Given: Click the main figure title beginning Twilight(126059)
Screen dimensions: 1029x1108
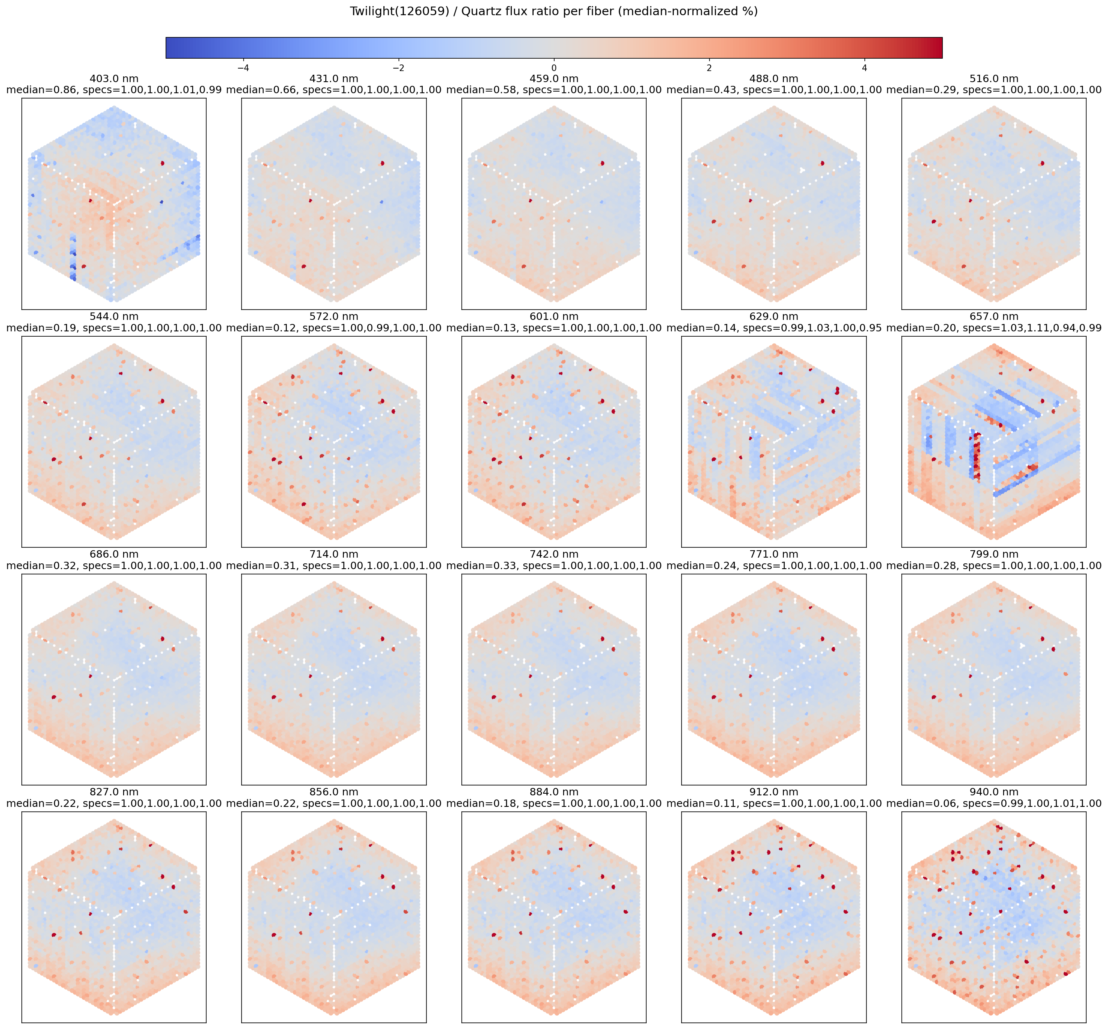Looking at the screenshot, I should (554, 11).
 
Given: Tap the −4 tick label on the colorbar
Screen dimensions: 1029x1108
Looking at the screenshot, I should (243, 68).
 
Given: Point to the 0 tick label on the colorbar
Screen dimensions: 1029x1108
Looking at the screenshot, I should (554, 68).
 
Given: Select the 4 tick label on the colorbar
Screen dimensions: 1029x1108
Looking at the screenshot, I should (864, 68).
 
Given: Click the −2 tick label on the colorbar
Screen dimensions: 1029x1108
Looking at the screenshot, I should (399, 68).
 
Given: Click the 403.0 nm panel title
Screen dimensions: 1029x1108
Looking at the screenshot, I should (114, 79).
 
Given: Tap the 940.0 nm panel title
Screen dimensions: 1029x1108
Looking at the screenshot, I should (993, 792).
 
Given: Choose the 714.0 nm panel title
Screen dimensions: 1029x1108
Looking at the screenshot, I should (334, 554).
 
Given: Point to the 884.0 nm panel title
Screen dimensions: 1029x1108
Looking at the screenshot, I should (554, 792).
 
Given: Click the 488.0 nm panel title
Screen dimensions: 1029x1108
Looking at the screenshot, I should (774, 79).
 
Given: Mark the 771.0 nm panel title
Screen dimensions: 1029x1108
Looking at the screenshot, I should (774, 554).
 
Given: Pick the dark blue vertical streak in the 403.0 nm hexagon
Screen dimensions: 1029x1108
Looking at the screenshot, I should (72, 259).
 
